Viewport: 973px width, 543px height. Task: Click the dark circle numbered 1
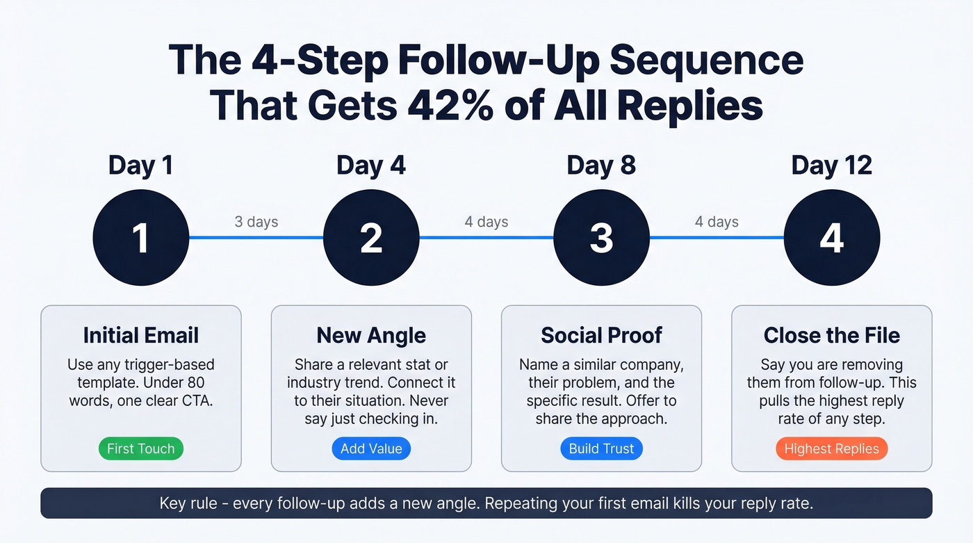tap(141, 238)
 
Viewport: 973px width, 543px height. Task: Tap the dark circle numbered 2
tap(371, 238)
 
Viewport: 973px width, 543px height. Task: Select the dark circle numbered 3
tap(601, 238)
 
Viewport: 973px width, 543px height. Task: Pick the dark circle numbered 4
tap(832, 238)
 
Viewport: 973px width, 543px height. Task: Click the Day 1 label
tap(140, 165)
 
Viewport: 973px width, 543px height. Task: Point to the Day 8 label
tap(601, 165)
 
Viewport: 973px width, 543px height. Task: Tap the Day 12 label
tap(832, 165)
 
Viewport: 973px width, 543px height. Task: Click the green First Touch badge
tap(141, 448)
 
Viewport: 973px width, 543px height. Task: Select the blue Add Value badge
tap(371, 448)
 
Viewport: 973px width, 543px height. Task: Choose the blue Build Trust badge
tap(601, 448)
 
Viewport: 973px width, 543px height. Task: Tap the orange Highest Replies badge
tap(832, 448)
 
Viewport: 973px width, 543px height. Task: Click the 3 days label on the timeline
tap(256, 222)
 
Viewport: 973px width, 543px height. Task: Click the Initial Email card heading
tap(141, 335)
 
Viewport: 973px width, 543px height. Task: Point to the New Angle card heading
tap(371, 335)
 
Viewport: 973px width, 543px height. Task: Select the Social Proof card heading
tap(601, 335)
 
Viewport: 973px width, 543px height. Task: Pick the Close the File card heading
tap(832, 335)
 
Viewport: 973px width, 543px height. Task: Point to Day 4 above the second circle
tap(371, 165)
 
